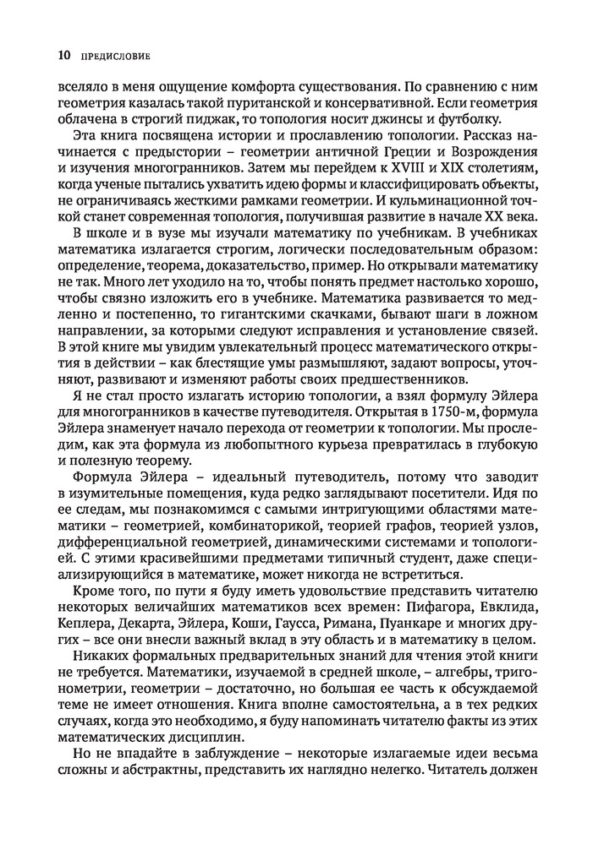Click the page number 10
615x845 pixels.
point(63,57)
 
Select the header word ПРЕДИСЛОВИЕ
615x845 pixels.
point(114,57)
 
